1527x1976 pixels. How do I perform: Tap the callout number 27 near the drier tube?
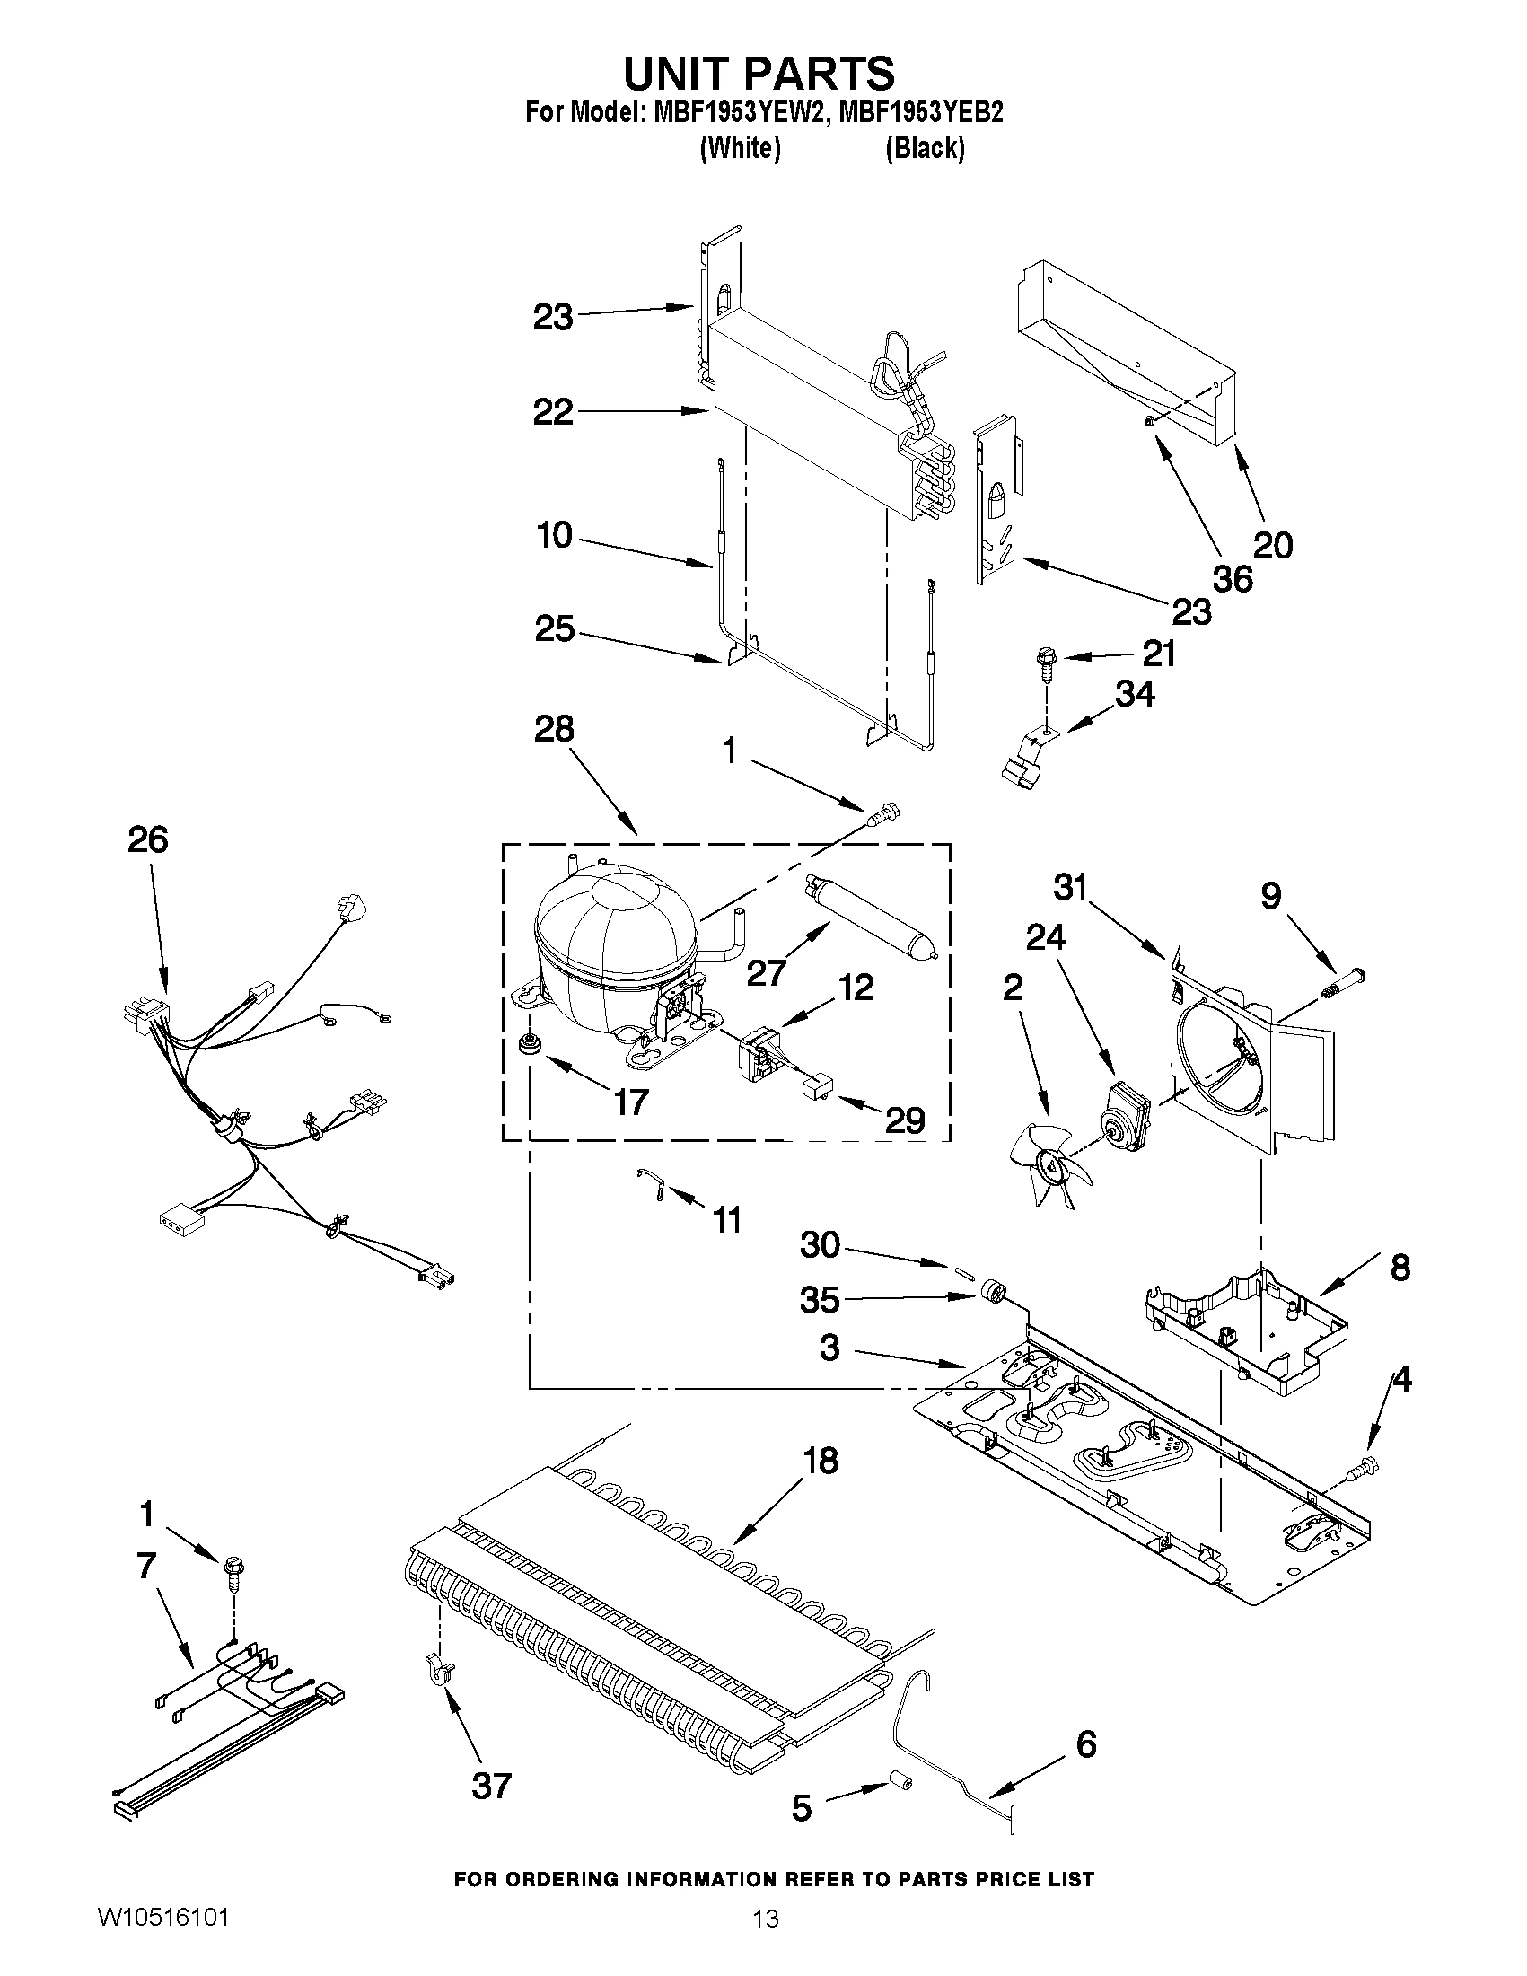click(x=766, y=972)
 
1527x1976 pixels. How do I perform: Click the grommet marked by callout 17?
click(x=526, y=1045)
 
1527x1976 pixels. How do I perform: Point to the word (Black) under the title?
click(x=925, y=147)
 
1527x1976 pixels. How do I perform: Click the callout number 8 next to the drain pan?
click(x=1400, y=1268)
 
